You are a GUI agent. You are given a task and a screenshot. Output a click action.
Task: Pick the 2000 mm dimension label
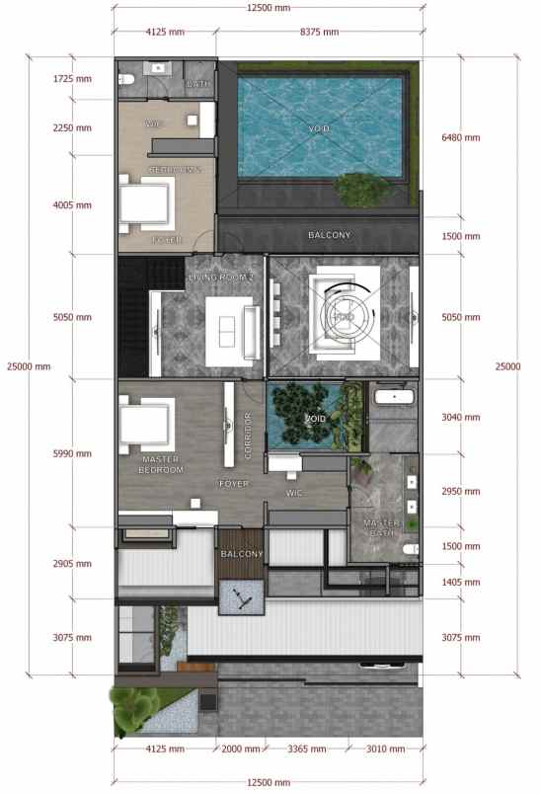241,750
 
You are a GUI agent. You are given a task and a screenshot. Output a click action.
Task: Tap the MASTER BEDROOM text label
161,464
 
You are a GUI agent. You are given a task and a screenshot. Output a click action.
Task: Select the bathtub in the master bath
393,398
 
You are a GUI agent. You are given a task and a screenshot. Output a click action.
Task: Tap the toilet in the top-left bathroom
125,78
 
